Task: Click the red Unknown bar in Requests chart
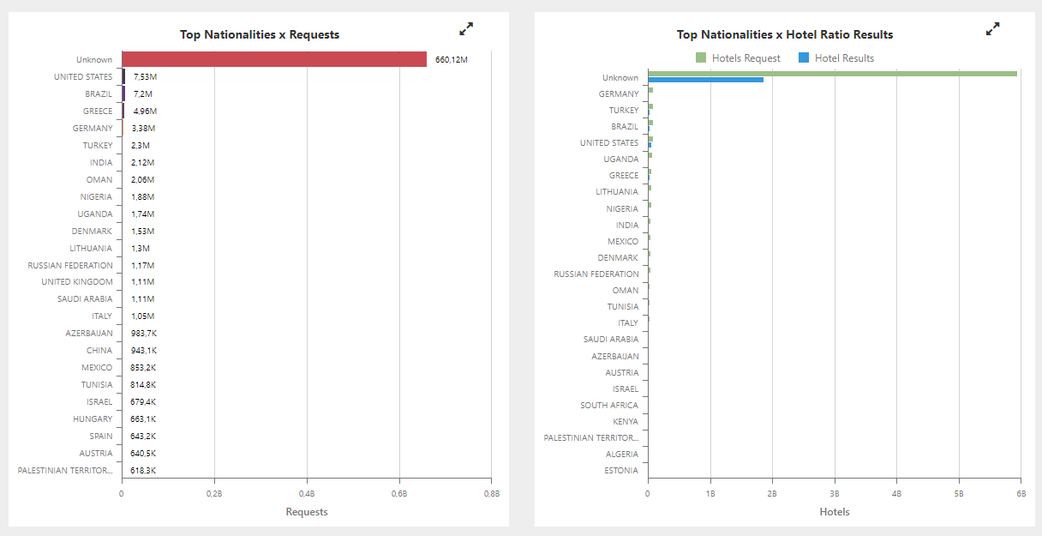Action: pos(274,59)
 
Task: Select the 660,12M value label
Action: pos(452,59)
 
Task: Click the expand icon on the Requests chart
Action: pos(466,29)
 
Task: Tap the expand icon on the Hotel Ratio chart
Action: pos(992,29)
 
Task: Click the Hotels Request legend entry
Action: pos(738,58)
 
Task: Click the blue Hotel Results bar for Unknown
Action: pos(705,80)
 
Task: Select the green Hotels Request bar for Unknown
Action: pos(832,74)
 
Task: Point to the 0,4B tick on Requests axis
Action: pos(306,494)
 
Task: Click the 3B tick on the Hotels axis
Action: pos(835,494)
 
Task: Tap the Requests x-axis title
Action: pos(306,512)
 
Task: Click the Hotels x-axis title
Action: pos(834,512)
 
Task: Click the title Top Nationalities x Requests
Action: pos(260,35)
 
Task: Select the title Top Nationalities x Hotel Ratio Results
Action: pos(785,35)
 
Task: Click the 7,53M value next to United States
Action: pos(145,76)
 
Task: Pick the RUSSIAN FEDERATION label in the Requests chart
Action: pos(70,265)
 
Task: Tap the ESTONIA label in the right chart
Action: pos(621,470)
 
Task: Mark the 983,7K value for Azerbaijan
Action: pos(143,334)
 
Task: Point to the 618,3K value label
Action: pos(143,470)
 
